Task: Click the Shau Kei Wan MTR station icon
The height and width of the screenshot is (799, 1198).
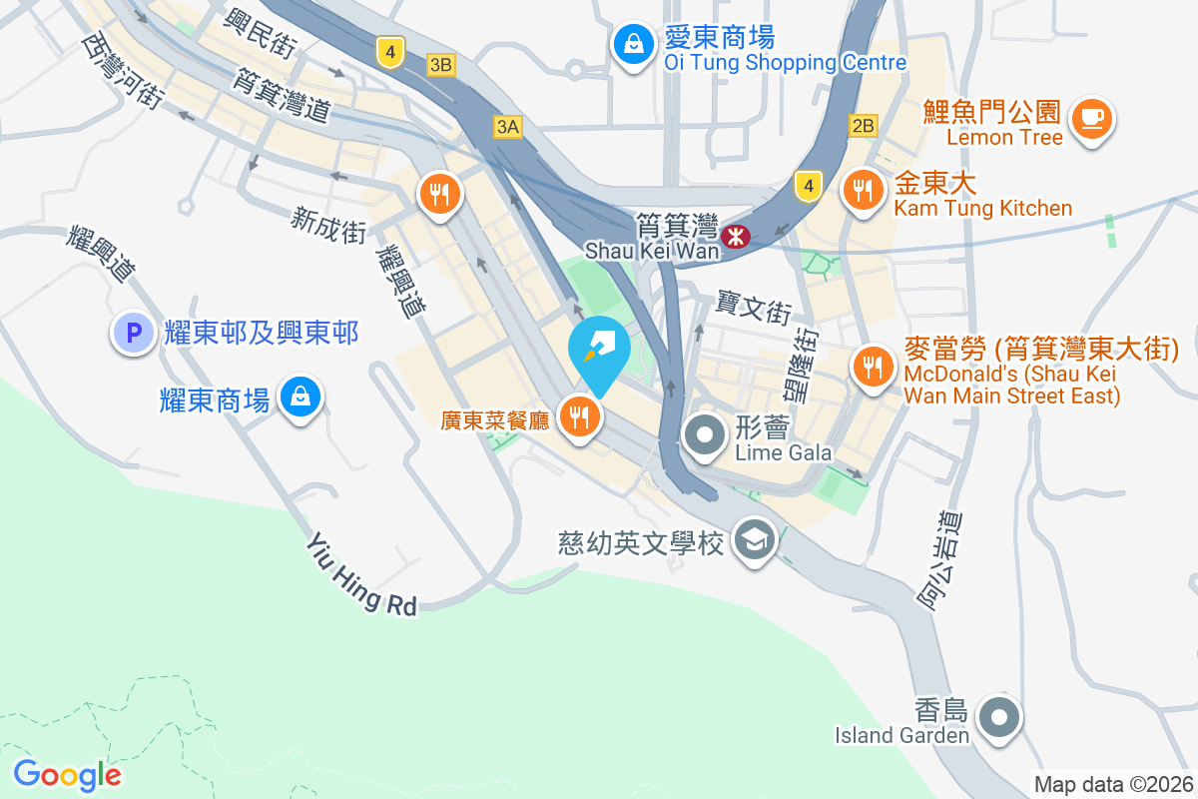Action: (736, 237)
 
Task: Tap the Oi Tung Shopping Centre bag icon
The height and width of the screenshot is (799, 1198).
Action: (633, 43)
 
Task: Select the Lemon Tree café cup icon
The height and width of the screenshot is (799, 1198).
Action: (1092, 119)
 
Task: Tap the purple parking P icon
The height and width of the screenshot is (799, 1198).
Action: (133, 333)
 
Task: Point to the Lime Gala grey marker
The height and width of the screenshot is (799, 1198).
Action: (706, 435)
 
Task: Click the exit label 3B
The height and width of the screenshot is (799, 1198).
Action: (440, 65)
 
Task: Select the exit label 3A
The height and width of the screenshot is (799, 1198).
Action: (507, 126)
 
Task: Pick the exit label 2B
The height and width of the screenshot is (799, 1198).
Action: (864, 126)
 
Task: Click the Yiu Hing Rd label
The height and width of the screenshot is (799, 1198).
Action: (360, 574)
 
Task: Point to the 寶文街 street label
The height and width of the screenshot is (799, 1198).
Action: (754, 308)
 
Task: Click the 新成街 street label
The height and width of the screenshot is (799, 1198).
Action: (328, 226)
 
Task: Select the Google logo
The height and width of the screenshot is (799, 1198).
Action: (68, 774)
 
